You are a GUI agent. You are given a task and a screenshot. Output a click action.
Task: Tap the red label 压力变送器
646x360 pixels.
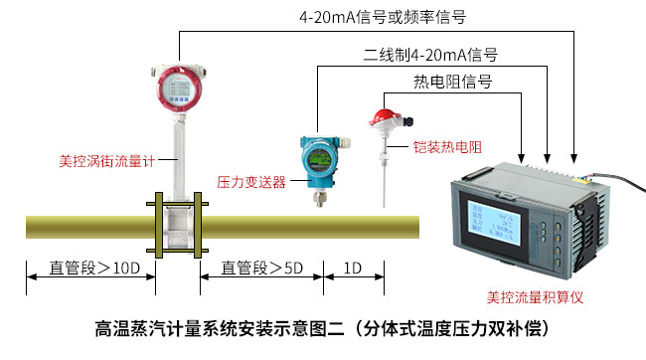[x=251, y=182]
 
